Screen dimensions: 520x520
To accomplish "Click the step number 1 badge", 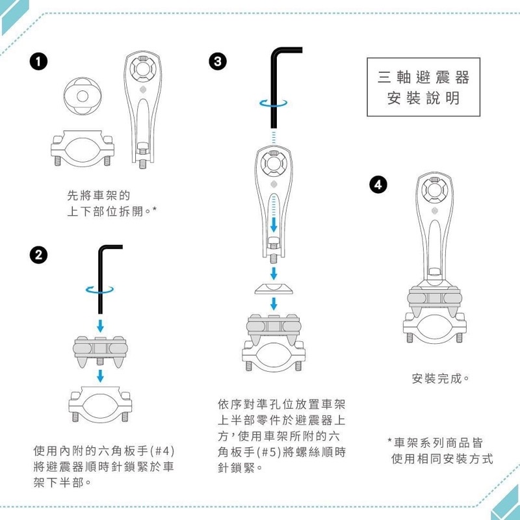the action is [38, 62].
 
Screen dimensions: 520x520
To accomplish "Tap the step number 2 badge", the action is [38, 255].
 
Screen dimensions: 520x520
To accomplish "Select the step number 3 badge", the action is [218, 62].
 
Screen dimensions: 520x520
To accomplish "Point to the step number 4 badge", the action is [378, 185].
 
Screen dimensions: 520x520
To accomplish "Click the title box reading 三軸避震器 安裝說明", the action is [424, 87].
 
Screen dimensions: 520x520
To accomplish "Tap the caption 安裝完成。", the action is [441, 378].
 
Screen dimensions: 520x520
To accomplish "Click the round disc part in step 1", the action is [83, 96].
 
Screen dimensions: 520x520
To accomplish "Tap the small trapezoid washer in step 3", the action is [274, 289].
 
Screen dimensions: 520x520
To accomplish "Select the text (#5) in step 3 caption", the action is [269, 452].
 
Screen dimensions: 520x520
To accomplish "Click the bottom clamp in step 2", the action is [100, 404].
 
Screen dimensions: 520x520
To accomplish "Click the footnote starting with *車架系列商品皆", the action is [440, 451].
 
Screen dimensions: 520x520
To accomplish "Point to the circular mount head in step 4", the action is [434, 190].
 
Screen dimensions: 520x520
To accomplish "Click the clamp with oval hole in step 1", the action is [83, 148].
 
